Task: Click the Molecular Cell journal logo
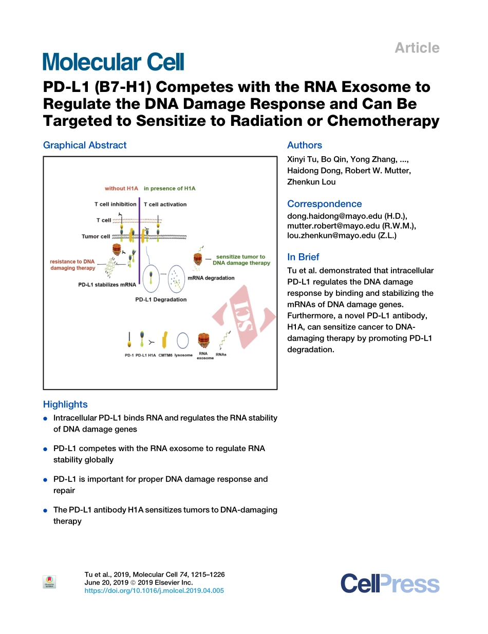[x=113, y=62]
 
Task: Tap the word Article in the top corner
[x=417, y=48]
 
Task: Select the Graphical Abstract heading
[x=85, y=145]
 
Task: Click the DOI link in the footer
[x=154, y=591]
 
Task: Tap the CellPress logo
[x=390, y=584]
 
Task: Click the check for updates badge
[x=49, y=582]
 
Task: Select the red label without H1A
[x=122, y=189]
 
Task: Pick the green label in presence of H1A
[x=170, y=189]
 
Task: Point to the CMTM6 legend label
[x=165, y=355]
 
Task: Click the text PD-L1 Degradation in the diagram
[x=161, y=300]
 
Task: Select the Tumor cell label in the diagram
[x=96, y=237]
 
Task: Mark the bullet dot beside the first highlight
[x=46, y=419]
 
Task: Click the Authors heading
[x=305, y=145]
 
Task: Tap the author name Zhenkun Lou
[x=311, y=182]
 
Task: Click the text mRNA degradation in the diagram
[x=211, y=278]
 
